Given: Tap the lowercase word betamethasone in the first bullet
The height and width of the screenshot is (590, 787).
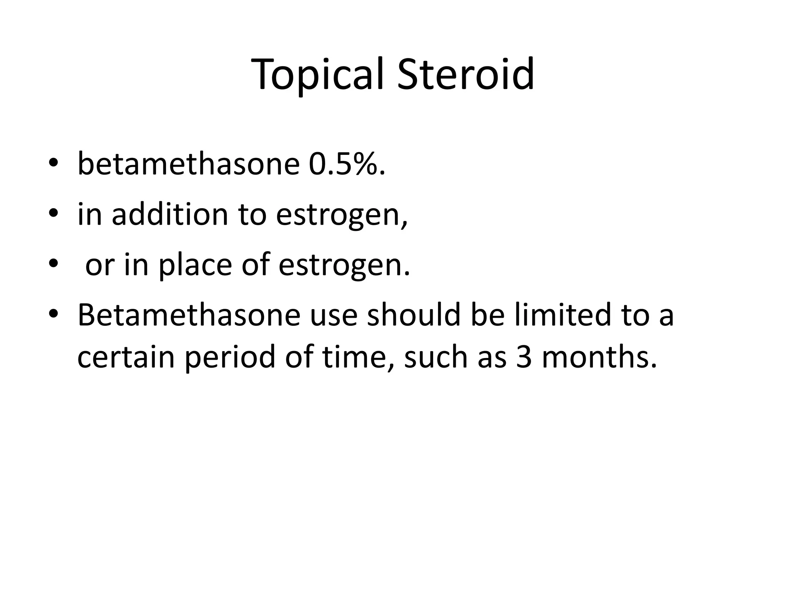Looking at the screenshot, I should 188,164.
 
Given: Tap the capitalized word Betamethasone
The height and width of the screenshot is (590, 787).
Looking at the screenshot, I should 189,315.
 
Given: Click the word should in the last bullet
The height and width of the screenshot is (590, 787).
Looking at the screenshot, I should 413,315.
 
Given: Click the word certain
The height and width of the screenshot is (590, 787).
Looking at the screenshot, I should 126,357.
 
